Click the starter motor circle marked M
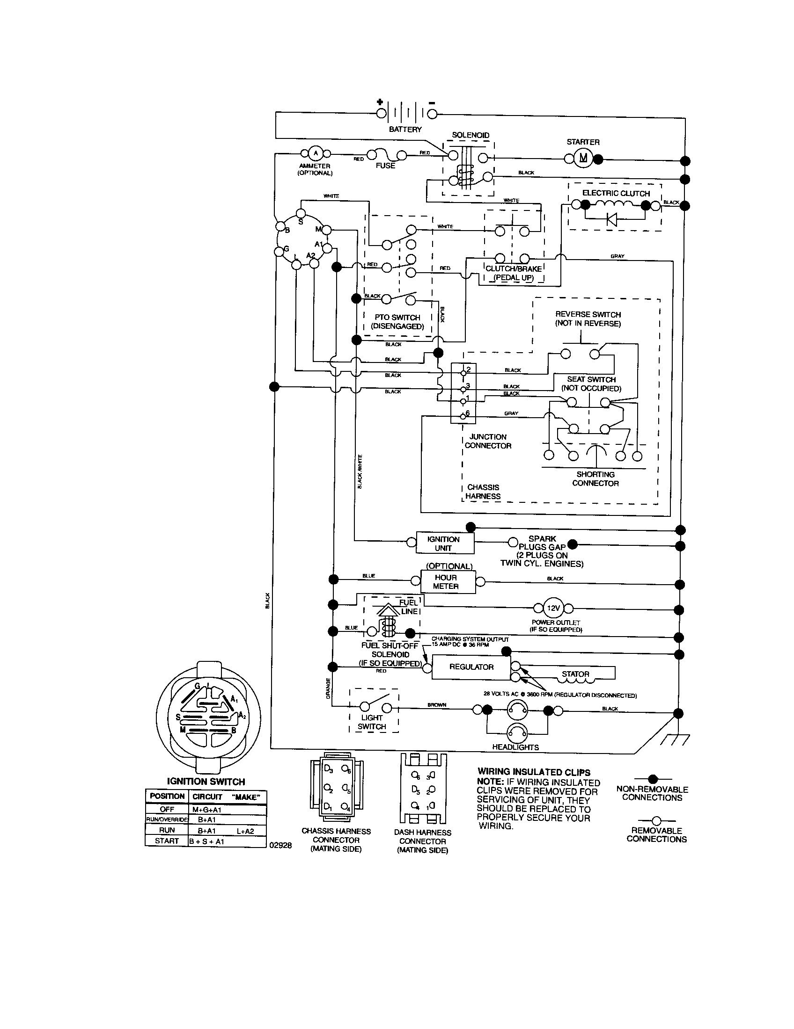coord(584,158)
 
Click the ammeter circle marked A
coord(316,153)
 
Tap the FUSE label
coord(385,166)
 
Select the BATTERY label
coord(405,129)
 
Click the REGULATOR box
coord(471,667)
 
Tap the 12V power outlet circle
coord(552,608)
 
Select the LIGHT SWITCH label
coord(372,722)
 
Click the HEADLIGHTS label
coord(515,747)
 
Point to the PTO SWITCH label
coord(397,317)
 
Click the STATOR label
coord(575,674)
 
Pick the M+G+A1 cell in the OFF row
coord(207,810)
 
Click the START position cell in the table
coord(167,841)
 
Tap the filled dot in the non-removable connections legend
coord(653,779)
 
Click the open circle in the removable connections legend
coord(656,821)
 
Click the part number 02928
coord(280,845)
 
